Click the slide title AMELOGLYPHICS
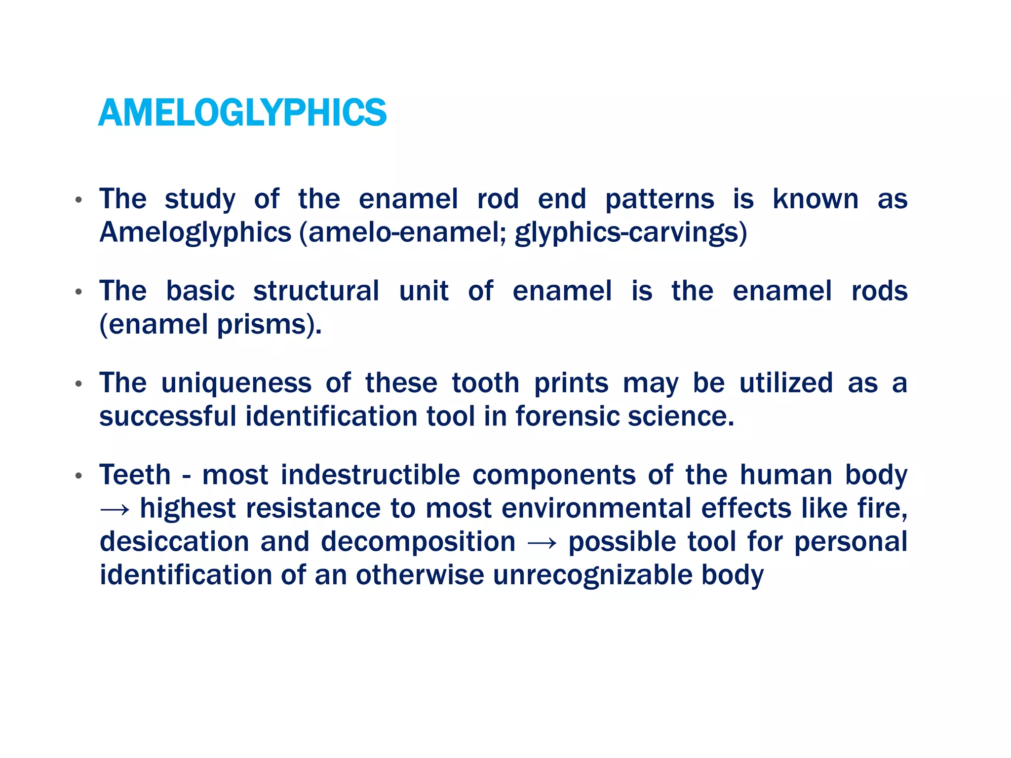[x=242, y=113]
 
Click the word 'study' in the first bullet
[x=200, y=199]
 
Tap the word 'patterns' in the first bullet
[x=660, y=199]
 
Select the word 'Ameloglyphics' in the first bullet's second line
[x=195, y=232]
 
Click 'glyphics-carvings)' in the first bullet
[x=631, y=232]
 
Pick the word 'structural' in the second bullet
[x=316, y=291]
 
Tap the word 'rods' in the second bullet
[x=879, y=291]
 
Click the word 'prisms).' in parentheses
[x=270, y=324]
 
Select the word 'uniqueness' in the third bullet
[x=236, y=383]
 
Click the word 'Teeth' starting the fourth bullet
[x=135, y=475]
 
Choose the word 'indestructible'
[x=370, y=475]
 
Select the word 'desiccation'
[x=174, y=542]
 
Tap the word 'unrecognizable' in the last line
[x=593, y=575]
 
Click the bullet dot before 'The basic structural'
[x=78, y=292]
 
